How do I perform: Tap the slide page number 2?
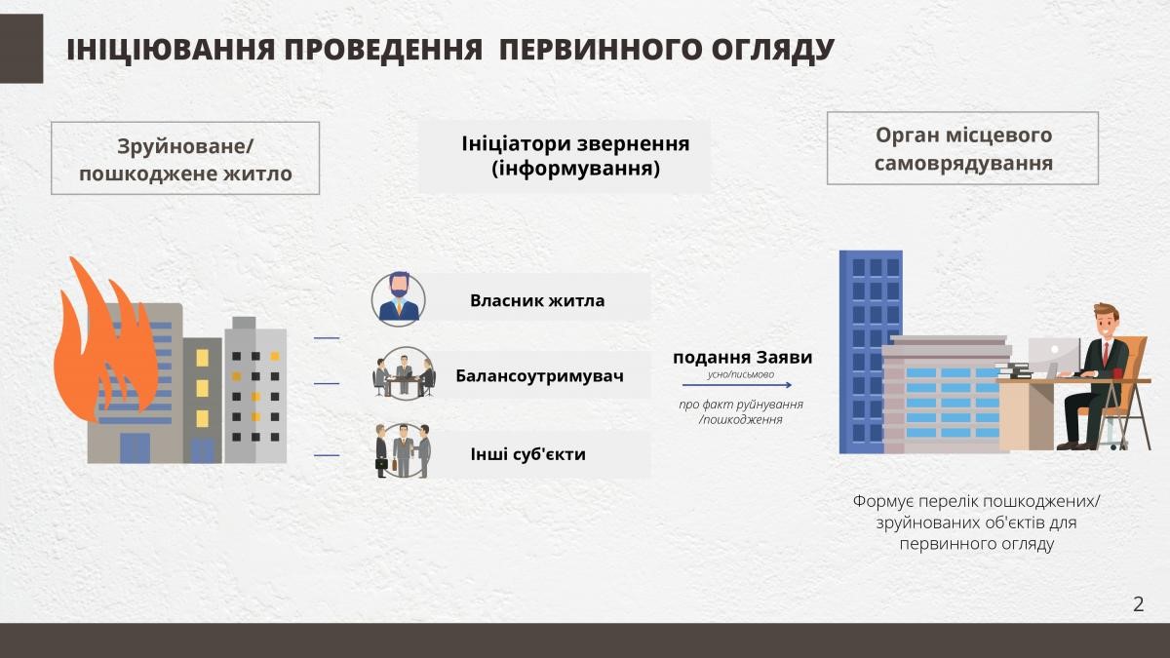1138,603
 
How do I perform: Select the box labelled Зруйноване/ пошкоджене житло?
185,158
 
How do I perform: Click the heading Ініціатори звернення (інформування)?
575,156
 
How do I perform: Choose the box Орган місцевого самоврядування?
962,148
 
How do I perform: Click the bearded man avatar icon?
399,299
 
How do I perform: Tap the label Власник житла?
537,300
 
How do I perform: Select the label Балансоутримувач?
539,375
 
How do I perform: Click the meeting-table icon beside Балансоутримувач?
404,374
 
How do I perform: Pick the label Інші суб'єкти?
528,454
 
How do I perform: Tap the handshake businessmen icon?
403,450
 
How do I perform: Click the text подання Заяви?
742,358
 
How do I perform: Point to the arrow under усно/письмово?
737,385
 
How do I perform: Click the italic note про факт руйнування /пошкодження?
741,411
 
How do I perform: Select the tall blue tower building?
870,352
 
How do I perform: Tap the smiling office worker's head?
1106,321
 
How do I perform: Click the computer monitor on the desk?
1055,354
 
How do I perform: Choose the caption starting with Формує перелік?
976,523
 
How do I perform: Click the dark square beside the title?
21,49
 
